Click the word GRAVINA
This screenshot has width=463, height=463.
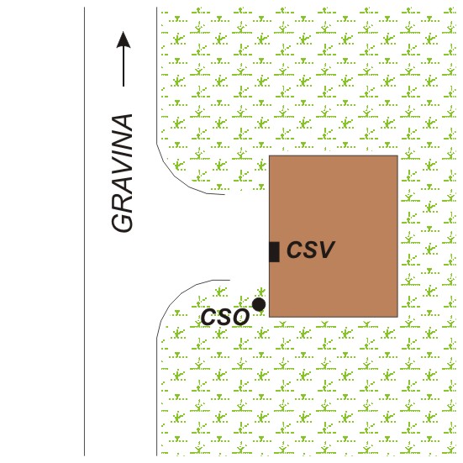pos(122,173)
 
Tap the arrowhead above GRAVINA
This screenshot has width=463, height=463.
pos(124,39)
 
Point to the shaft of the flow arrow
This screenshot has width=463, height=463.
pos(124,67)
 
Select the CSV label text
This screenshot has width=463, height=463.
pos(310,250)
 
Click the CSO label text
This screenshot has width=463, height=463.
pos(225,317)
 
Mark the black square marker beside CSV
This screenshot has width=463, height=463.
pos(274,252)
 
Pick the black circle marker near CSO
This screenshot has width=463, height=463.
pos(259,304)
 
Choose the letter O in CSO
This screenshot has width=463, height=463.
pos(239,317)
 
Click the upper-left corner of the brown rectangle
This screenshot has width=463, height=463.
pos(269,155)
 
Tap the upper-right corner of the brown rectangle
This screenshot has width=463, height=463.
pos(397,155)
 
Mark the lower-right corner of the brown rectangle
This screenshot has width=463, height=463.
pos(397,317)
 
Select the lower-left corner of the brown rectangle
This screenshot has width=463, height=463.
pos(269,317)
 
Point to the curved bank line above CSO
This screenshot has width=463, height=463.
pos(181,292)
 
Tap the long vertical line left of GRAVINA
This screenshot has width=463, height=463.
pos(85,232)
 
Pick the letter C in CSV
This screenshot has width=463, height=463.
pos(294,250)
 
